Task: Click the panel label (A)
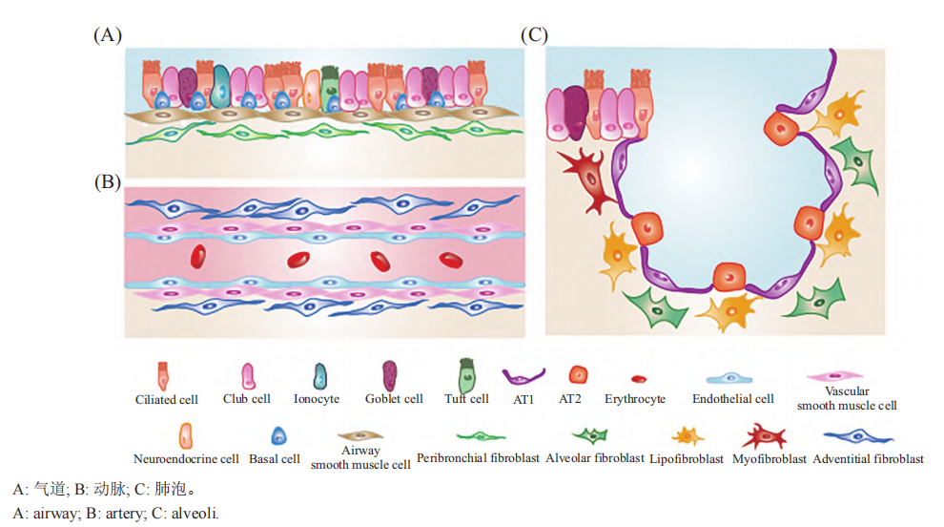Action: [108, 35]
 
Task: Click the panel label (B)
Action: [108, 181]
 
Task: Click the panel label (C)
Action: [534, 35]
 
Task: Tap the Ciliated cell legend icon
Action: [163, 374]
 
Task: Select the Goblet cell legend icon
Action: [389, 373]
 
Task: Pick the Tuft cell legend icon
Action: [465, 373]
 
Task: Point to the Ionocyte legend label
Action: [317, 399]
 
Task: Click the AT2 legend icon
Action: [577, 375]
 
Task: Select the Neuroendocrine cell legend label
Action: [186, 458]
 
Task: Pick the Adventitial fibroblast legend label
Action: [868, 458]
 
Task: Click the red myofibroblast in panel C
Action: [588, 175]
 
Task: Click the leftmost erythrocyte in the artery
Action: [197, 256]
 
